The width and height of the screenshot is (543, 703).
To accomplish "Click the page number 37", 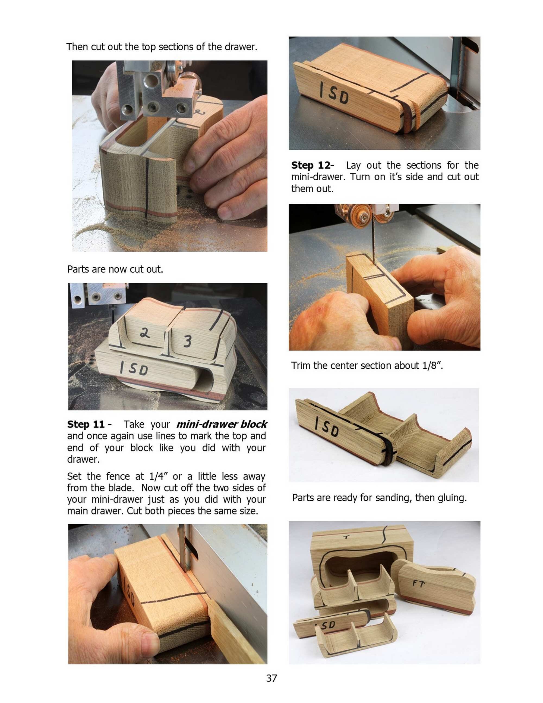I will (271, 678).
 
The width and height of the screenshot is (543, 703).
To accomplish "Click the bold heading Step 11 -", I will (89, 424).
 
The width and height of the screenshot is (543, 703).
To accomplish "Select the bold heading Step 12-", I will (312, 165).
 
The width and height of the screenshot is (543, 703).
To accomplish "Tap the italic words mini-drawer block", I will (221, 424).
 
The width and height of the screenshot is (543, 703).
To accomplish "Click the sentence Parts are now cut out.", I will (115, 269).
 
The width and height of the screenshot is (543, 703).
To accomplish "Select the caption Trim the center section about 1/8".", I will (367, 366).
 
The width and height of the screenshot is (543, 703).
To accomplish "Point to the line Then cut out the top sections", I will (162, 47).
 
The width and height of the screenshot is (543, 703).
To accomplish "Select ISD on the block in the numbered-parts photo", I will (134, 368).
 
